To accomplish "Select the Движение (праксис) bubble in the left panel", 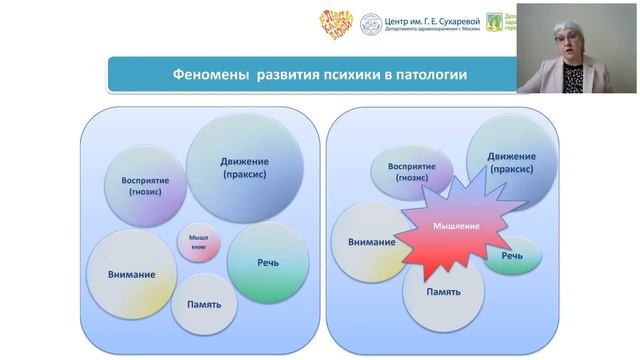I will [x=245, y=167].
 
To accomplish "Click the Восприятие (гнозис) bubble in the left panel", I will [x=145, y=186].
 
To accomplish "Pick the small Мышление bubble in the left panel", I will [x=199, y=243].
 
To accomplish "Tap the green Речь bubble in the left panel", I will [x=267, y=262].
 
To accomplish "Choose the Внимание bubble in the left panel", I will [x=132, y=273].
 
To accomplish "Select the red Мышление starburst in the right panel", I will [x=455, y=227].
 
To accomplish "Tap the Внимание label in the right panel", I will [x=371, y=242].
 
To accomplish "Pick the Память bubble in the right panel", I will [x=443, y=292].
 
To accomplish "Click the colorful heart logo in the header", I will [x=336, y=24].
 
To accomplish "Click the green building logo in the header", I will [x=494, y=23].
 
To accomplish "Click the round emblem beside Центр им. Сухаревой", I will [x=371, y=24].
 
